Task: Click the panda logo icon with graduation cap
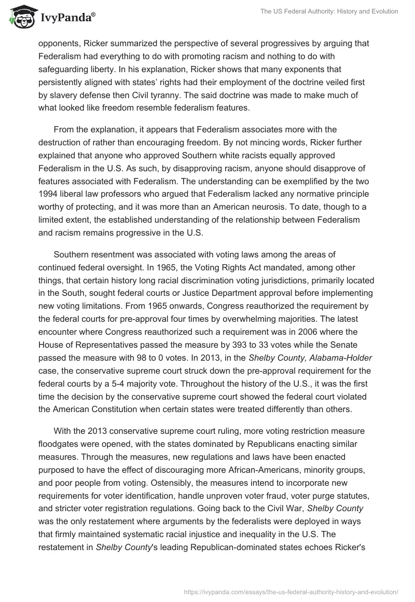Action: point(20,17)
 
